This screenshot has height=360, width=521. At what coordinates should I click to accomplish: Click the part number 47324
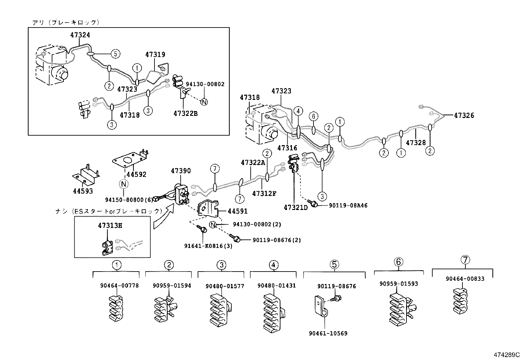tap(80, 35)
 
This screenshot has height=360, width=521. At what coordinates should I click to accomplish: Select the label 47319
tap(155, 55)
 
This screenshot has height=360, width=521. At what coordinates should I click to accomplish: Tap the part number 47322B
tap(186, 113)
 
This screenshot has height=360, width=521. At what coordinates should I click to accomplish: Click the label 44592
tap(136, 175)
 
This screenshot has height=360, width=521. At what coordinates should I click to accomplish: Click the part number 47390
tap(181, 171)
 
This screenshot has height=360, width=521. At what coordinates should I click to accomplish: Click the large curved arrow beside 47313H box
tap(164, 216)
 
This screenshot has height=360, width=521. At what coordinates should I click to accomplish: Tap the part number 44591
tap(238, 211)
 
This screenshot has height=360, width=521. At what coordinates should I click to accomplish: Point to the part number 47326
tap(464, 115)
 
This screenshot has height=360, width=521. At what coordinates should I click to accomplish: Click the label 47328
tap(416, 143)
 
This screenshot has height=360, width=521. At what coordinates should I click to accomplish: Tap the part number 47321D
tap(296, 207)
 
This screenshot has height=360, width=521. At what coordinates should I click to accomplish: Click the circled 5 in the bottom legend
tap(334, 264)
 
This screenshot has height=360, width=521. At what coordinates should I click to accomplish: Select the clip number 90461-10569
tap(328, 333)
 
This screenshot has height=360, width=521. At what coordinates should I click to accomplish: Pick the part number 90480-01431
tap(277, 286)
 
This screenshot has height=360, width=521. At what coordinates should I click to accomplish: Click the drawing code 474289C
tap(507, 354)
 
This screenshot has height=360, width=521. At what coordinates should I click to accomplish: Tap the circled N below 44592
tap(123, 184)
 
